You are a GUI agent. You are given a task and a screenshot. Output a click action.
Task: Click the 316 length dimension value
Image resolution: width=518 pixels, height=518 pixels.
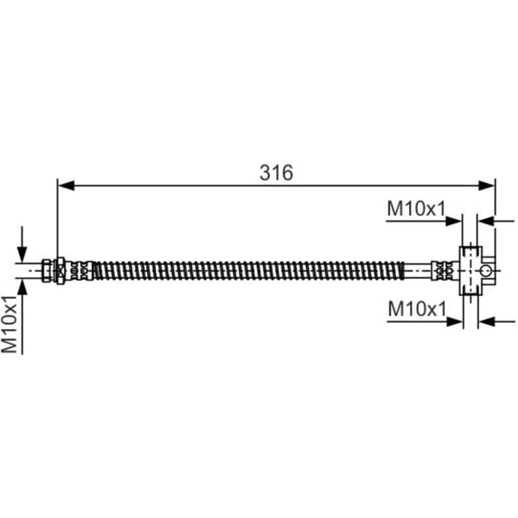277,172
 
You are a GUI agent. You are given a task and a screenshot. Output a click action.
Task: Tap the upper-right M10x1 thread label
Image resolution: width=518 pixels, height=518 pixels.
416,209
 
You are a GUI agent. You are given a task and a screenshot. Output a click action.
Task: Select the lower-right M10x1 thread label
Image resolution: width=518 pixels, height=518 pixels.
417,309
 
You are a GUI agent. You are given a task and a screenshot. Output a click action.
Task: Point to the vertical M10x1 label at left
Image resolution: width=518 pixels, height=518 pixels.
9,325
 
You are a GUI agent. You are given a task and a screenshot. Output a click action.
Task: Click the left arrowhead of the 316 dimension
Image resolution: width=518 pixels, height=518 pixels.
66,186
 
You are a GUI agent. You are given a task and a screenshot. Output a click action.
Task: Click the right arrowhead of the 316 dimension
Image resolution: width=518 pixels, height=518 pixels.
487,186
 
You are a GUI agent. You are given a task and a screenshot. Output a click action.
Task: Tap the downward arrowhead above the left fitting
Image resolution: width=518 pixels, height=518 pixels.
22,254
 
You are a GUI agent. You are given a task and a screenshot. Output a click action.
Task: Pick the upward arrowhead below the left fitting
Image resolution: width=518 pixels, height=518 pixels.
22,286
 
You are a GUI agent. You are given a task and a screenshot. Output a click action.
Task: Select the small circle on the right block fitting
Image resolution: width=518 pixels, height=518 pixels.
485,271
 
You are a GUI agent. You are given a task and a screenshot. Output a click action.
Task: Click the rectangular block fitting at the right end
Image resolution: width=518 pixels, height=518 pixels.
471,270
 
